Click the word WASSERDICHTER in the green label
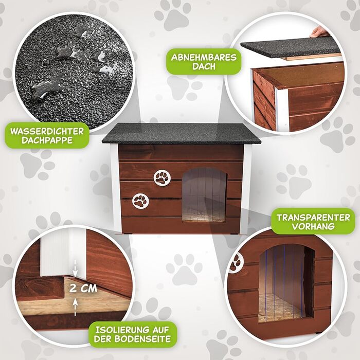pos(47,131)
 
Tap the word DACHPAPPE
pos(47,140)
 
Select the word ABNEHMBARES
pos(204,58)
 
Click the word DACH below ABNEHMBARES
pos(204,66)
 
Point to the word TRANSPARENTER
pos(313,218)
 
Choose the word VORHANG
pos(313,226)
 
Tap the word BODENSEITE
pos(143,339)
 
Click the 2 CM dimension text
pos(83,289)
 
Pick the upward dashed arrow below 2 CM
pos(75,308)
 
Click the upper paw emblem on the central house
pos(162,178)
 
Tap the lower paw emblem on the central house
pos(140,201)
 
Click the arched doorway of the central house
pos(204,195)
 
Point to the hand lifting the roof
pos(319,31)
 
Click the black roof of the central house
pos(182,134)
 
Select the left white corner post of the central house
pos(116,188)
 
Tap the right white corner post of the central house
pos(246,188)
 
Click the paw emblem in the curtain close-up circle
pos(236,263)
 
